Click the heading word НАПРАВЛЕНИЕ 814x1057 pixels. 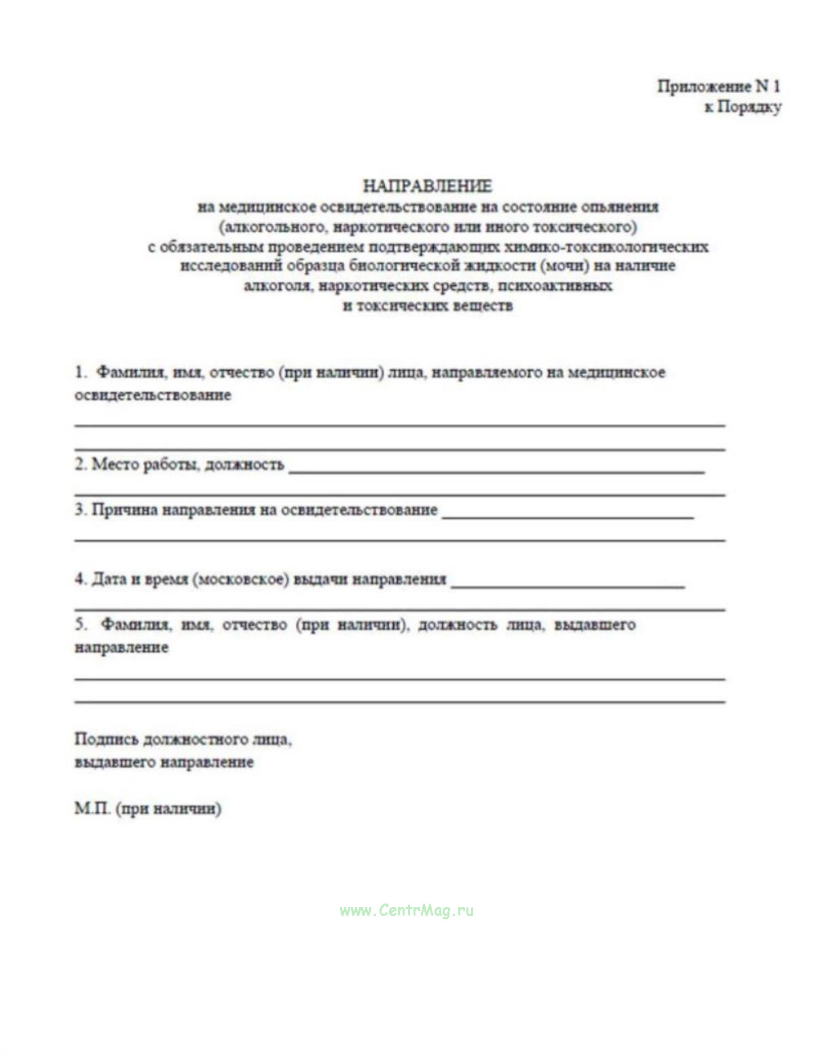427,185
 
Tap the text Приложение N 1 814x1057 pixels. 718,86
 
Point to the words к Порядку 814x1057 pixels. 742,107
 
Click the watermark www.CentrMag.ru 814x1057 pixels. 407,910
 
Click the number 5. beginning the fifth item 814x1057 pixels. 81,624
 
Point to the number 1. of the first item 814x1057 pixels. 81,372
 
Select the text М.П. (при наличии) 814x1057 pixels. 148,809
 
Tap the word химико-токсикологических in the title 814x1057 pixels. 606,246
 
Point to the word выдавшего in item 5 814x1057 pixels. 595,625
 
